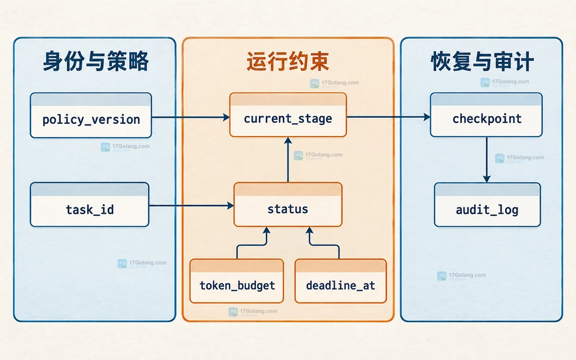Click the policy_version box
click(x=91, y=115)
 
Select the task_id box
click(x=89, y=205)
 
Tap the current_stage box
click(x=288, y=115)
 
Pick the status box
click(x=288, y=205)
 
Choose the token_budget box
click(x=237, y=281)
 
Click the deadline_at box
click(x=340, y=281)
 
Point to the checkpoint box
click(x=487, y=115)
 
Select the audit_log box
click(x=487, y=205)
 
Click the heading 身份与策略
click(x=96, y=61)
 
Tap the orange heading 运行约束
click(x=287, y=61)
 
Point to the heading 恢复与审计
click(x=482, y=61)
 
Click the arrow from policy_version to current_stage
click(x=191, y=117)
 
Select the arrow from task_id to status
click(x=191, y=206)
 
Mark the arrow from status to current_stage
click(x=288, y=159)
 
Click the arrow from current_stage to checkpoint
click(x=388, y=117)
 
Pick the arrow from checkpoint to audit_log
click(x=487, y=160)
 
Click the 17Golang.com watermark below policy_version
click(x=125, y=147)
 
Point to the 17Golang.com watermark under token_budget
click(x=253, y=312)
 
